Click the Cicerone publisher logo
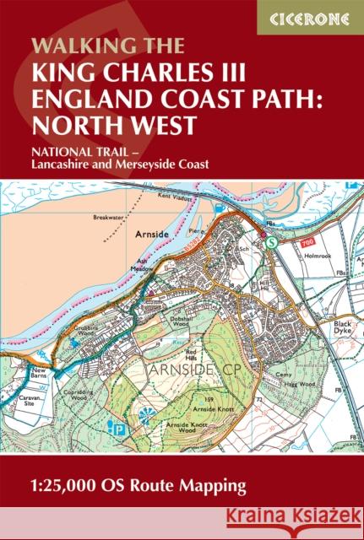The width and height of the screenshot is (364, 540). pos(310,17)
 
